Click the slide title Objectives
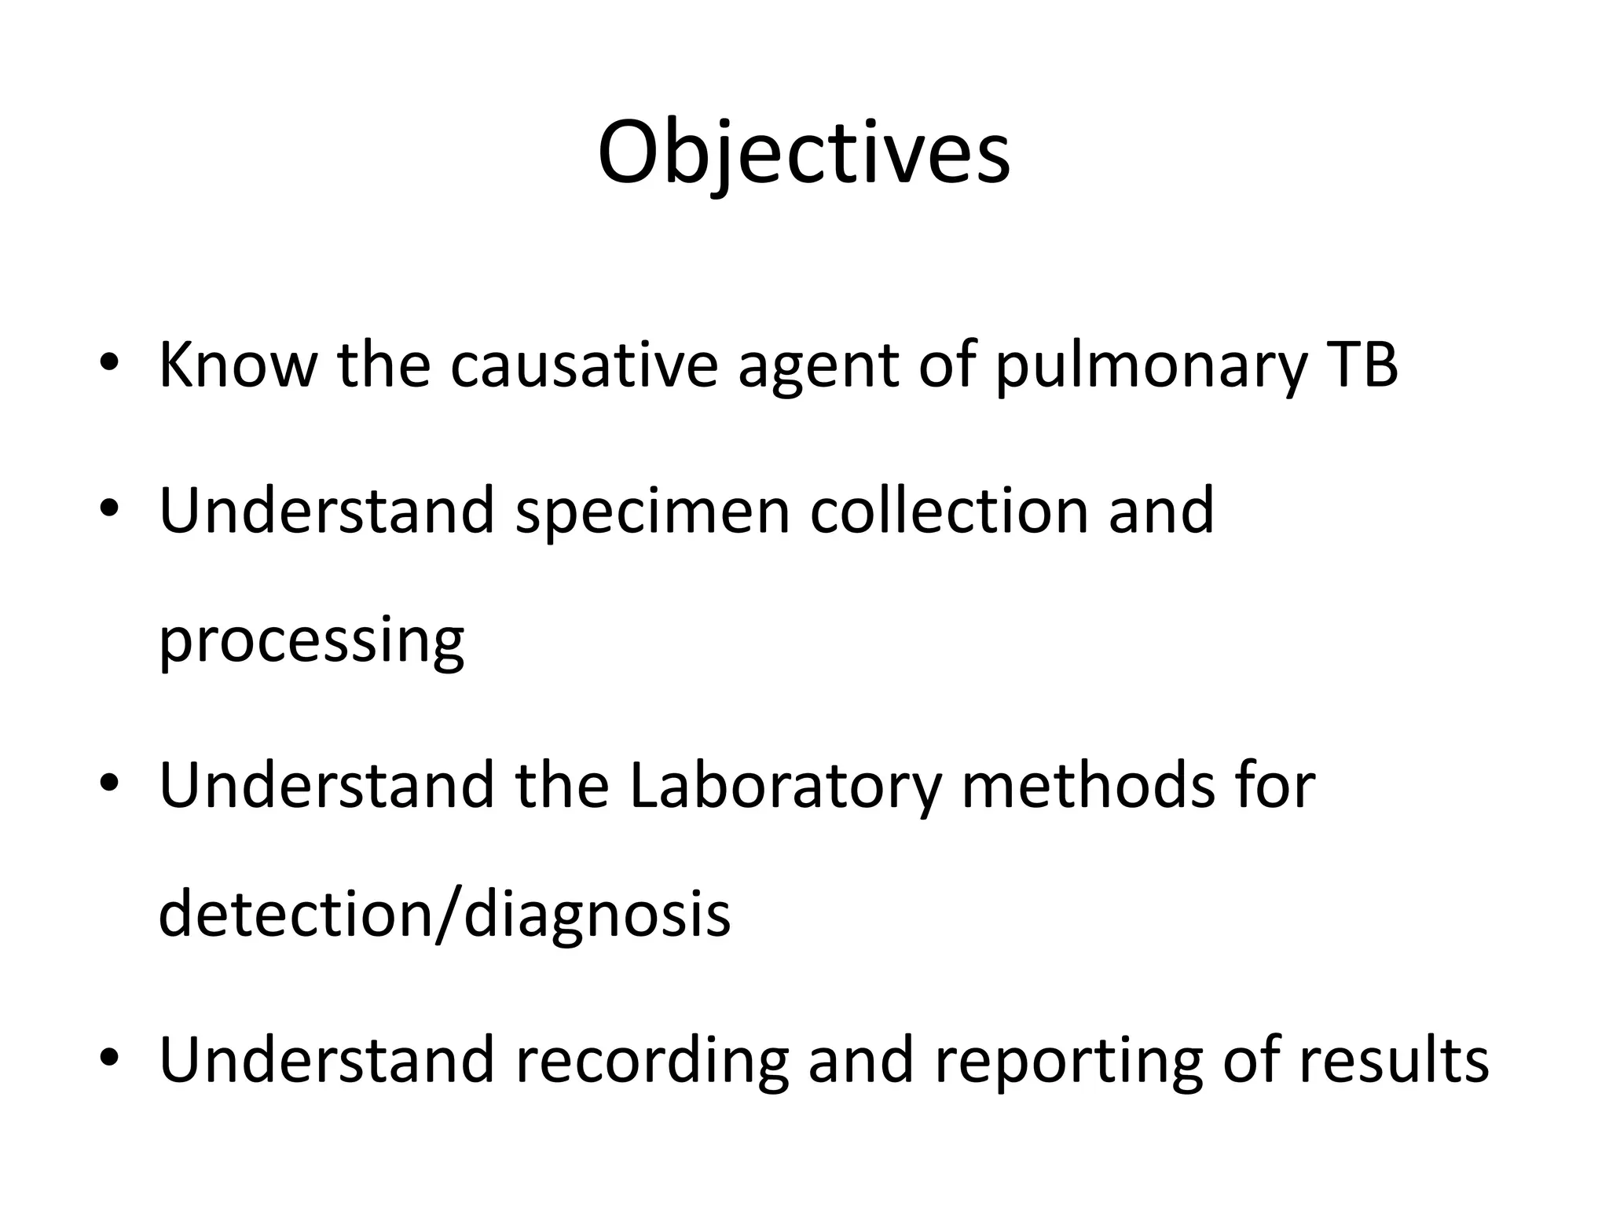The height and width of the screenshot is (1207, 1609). point(804,153)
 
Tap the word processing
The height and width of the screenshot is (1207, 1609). point(311,643)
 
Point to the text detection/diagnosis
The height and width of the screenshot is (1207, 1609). point(444,916)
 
